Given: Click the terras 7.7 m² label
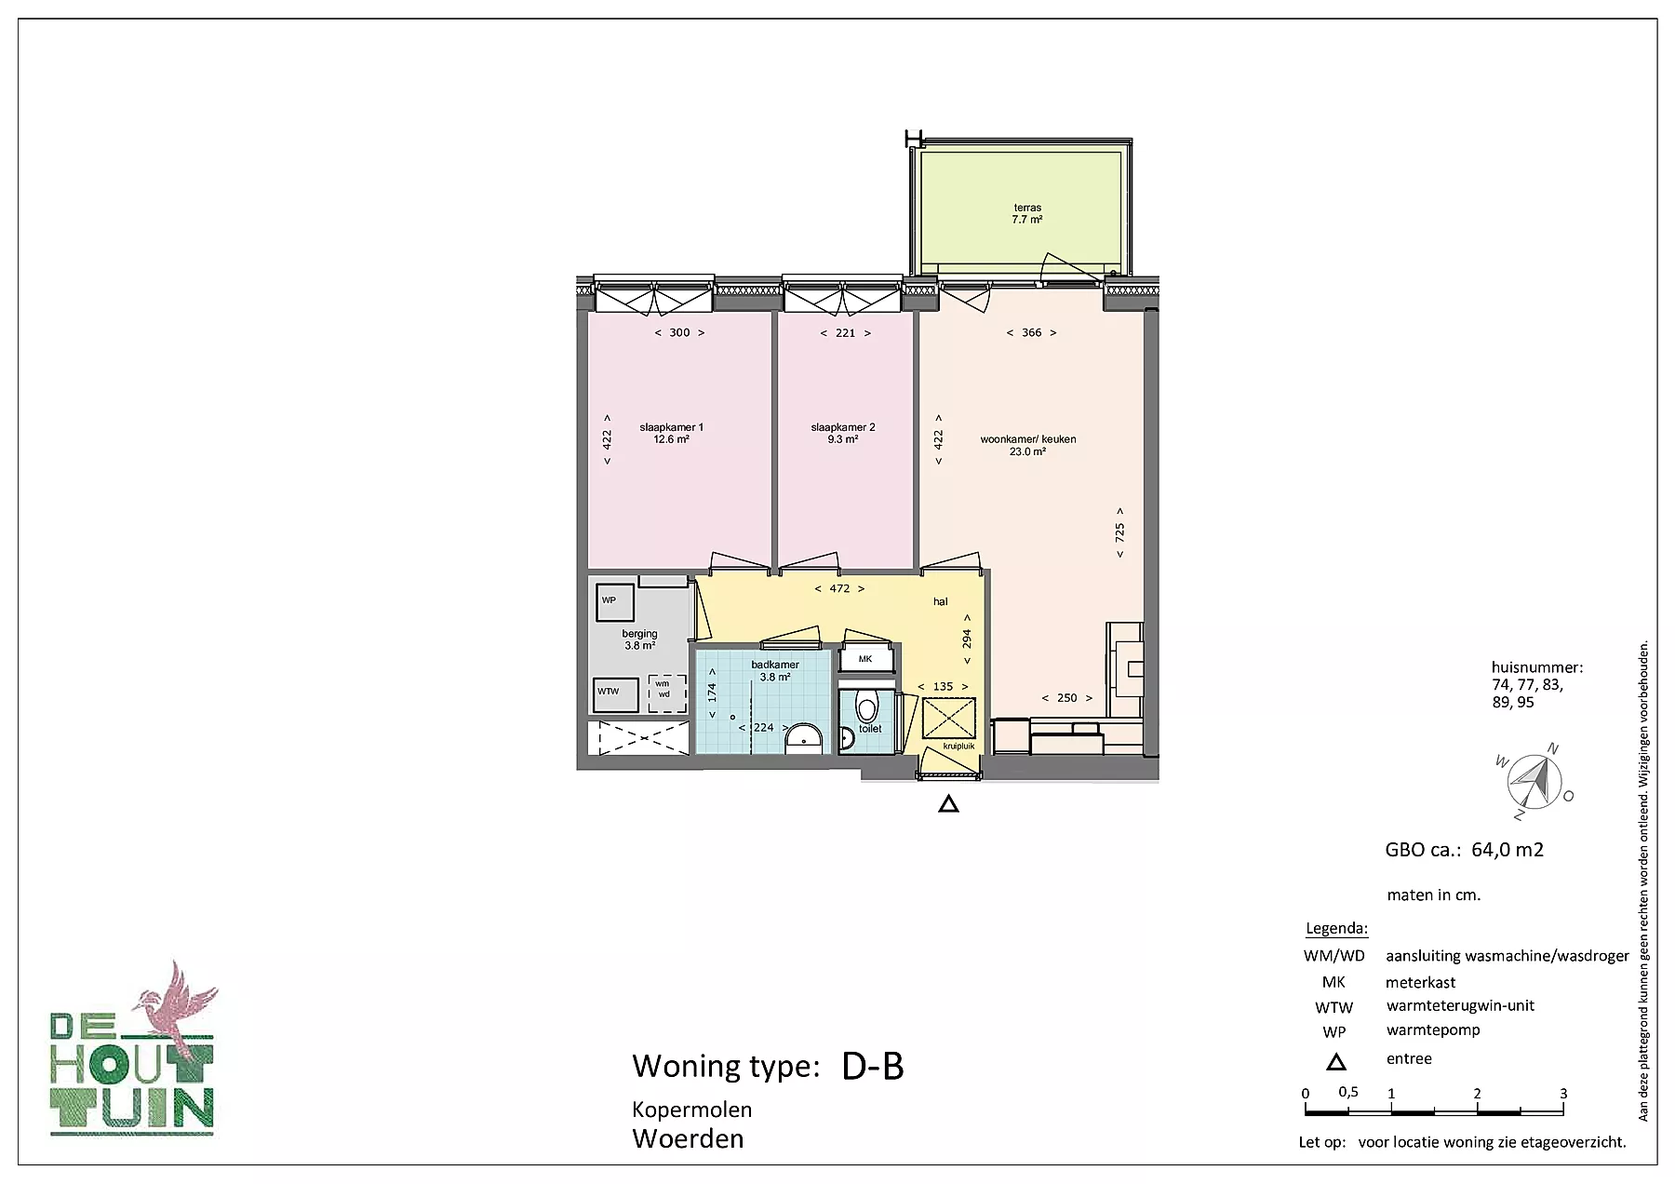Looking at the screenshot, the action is pos(1027,214).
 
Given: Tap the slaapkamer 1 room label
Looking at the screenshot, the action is pos(671,434).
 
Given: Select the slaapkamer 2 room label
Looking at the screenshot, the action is pos(843,434).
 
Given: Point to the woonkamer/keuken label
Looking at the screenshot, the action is pos(1027,446).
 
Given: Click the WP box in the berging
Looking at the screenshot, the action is pos(614,601).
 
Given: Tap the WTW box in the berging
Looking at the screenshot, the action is pos(616,693).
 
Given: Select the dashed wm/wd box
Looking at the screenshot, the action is pos(665,693).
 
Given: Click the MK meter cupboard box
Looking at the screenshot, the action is pos(865,659).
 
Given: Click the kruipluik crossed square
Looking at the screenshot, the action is pos(948,718).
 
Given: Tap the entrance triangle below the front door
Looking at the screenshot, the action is pos(948,804).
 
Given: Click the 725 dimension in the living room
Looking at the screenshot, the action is pos(1120,532).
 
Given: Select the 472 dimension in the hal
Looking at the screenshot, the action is pos(839,588).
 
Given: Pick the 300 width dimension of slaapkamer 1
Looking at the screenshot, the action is pos(679,332).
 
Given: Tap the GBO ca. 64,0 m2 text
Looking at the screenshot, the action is pos(1465,850).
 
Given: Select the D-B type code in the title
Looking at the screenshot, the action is pos(873,1067).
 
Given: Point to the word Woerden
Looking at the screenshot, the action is pos(688,1139).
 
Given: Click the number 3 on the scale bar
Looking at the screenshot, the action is pos(1563,1094).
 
